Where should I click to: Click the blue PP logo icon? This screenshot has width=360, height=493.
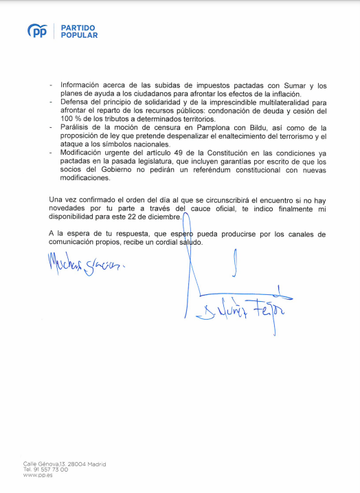click(36, 31)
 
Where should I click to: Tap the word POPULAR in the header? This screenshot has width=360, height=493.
click(79, 35)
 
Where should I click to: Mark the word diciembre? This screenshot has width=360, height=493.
click(164, 217)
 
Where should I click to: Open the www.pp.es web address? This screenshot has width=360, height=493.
click(34, 475)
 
